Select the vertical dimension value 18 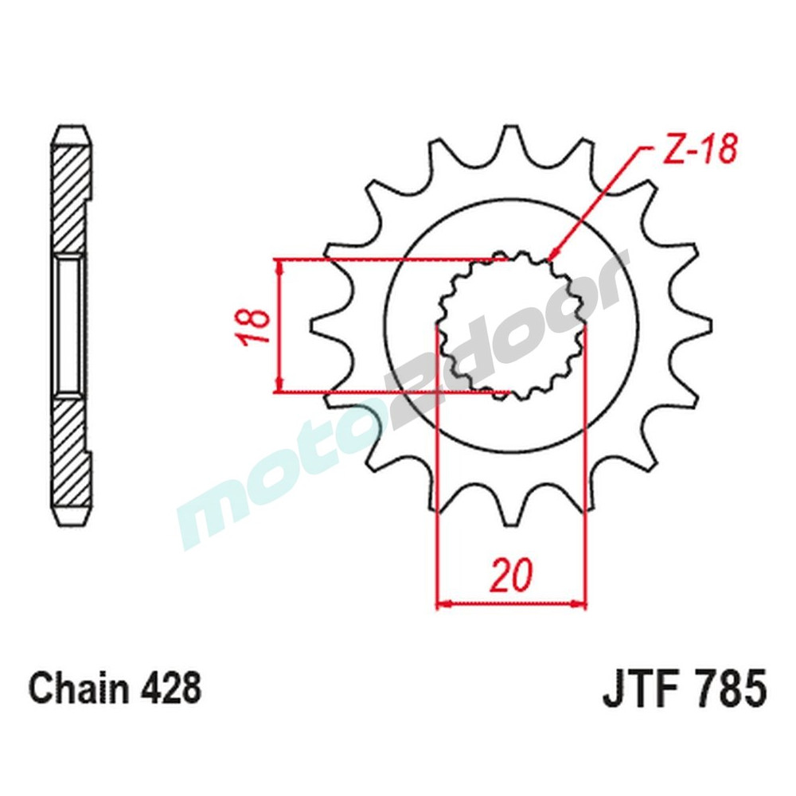pyautogui.click(x=254, y=326)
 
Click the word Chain pyautogui.click(x=77, y=689)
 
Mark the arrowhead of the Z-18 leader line pyautogui.click(x=552, y=256)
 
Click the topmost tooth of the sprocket pyautogui.click(x=509, y=139)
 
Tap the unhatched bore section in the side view pyautogui.click(x=71, y=326)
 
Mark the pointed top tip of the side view pyautogui.click(x=71, y=128)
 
